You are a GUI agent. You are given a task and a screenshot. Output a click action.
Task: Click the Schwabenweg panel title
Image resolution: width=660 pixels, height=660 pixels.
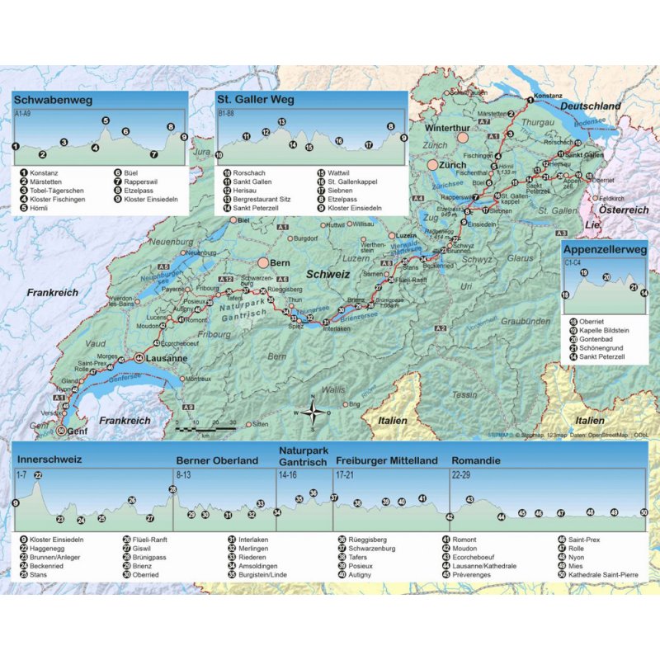coord(52,101)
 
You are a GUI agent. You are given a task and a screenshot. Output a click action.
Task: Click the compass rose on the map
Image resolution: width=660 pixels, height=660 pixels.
coord(313,412)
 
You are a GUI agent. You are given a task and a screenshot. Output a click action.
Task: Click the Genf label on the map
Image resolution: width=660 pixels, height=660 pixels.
coord(77,431)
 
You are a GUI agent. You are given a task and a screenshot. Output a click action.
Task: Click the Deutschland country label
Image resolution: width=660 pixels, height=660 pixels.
coord(591,107)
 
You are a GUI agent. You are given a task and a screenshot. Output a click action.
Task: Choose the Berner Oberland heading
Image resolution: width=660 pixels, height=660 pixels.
coord(217,461)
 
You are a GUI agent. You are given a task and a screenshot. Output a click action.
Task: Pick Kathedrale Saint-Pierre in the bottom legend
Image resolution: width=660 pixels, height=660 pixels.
coord(602,574)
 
